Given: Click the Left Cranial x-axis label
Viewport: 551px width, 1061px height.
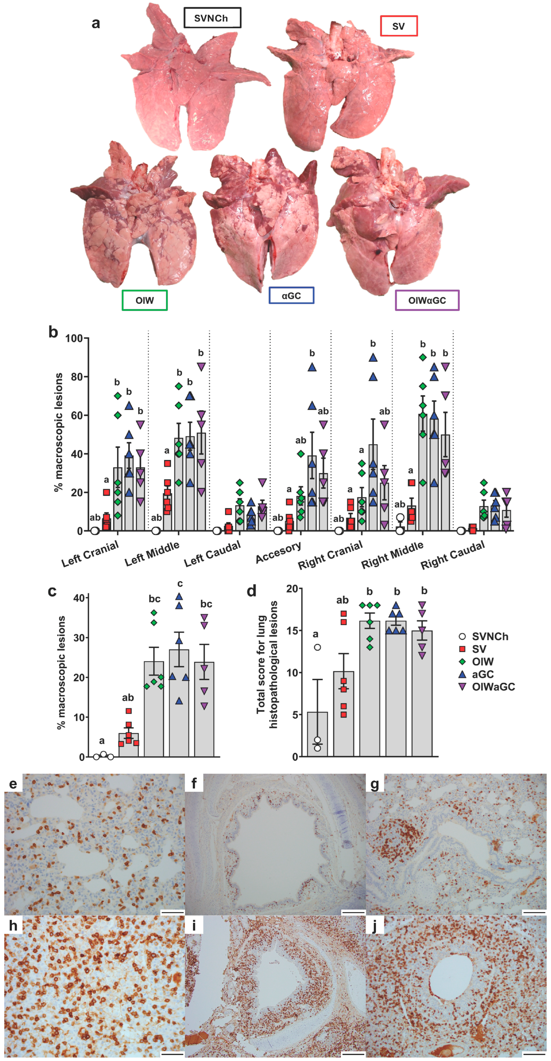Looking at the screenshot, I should [90, 554].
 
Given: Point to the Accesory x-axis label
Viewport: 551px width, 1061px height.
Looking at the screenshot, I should [278, 553].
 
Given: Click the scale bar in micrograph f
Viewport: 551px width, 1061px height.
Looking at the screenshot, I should [353, 912].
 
